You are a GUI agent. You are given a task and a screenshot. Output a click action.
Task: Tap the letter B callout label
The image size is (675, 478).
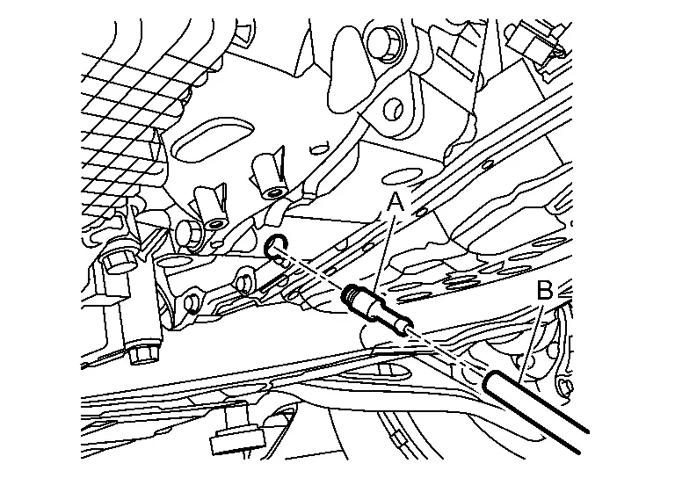(545, 291)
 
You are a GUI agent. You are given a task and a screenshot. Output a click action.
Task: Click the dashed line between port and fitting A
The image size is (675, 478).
(312, 271)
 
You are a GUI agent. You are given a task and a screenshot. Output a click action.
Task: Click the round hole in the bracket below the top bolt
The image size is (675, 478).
(395, 109)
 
